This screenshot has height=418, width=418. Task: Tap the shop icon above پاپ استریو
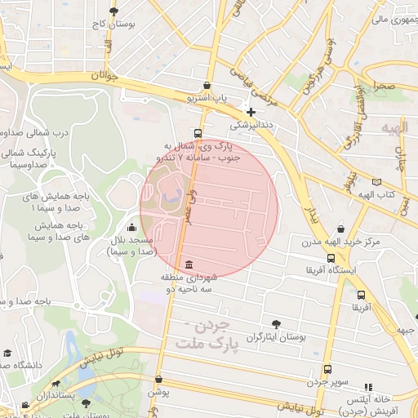click(x=207, y=86)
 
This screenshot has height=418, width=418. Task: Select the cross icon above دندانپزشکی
click(x=251, y=111)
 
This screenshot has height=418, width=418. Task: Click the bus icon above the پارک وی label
click(x=198, y=133)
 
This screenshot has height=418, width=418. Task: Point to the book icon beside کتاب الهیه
click(x=376, y=182)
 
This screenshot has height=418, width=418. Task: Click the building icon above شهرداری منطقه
click(x=189, y=265)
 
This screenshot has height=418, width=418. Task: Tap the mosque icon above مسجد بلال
click(x=132, y=227)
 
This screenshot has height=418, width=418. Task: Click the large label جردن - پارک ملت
click(x=210, y=336)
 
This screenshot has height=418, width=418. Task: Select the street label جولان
click(x=105, y=76)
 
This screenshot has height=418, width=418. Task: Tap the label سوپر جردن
click(x=329, y=382)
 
